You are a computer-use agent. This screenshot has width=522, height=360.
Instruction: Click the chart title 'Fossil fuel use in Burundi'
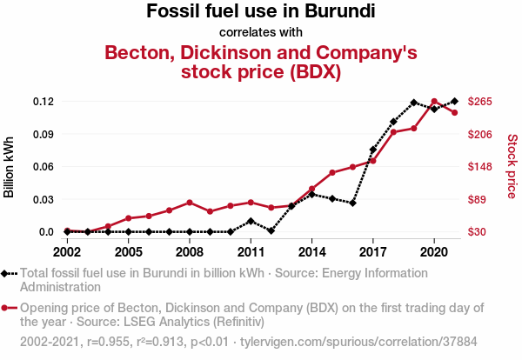coord(261,12)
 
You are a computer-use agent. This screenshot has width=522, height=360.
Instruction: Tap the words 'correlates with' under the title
coord(261,32)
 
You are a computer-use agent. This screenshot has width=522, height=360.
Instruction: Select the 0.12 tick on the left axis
coord(44,102)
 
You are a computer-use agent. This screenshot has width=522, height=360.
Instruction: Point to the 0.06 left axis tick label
coord(44,167)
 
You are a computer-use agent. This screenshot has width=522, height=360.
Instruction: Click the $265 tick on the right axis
coord(480,102)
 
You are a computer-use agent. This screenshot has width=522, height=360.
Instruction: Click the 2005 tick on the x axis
coord(128,252)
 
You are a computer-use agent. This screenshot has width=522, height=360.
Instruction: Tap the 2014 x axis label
coord(311,252)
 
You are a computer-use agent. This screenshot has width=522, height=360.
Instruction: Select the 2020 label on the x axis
coord(434,252)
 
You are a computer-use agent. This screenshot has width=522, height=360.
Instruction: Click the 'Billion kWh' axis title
coord(10,167)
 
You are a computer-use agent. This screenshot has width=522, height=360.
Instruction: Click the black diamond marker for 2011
coord(251,221)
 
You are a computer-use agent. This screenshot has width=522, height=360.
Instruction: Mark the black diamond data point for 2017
coord(373,150)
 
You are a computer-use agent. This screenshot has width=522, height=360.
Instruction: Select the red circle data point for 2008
coord(190,203)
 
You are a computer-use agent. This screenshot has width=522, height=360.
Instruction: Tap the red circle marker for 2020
coord(434,102)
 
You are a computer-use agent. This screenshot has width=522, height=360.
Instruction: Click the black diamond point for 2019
coord(414,103)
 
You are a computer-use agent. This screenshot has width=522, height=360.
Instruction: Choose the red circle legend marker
coord(9,308)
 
